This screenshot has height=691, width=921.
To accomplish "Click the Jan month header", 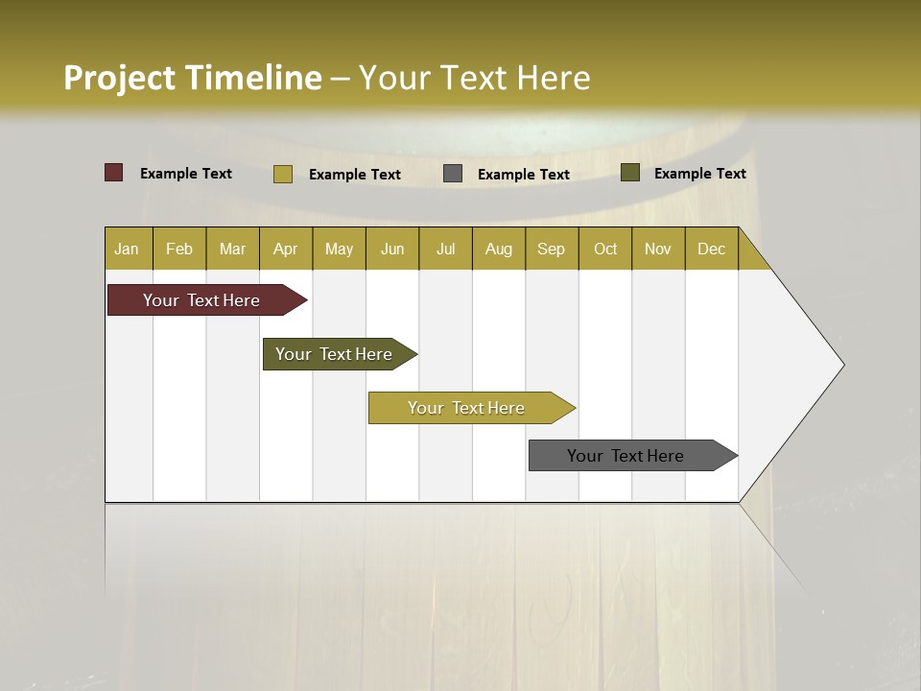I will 128,249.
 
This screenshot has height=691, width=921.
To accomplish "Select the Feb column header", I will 179,249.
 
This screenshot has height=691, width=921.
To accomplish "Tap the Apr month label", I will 285,249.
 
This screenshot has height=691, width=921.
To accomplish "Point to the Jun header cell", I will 392,249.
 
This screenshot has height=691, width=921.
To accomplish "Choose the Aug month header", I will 498,249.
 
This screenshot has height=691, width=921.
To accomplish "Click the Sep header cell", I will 552,249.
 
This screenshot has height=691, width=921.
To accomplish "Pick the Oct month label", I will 605,249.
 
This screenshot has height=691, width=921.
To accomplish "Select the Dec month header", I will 711,249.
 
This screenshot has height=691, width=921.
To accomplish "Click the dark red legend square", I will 114,173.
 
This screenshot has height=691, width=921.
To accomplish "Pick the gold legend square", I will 283,174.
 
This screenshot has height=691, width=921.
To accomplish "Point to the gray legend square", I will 453,174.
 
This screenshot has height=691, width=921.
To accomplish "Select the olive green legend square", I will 630,173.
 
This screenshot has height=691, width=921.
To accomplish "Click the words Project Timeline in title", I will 192,78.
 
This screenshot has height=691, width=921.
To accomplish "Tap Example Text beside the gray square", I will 523,174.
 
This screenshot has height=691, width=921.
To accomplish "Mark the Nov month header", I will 658,249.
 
